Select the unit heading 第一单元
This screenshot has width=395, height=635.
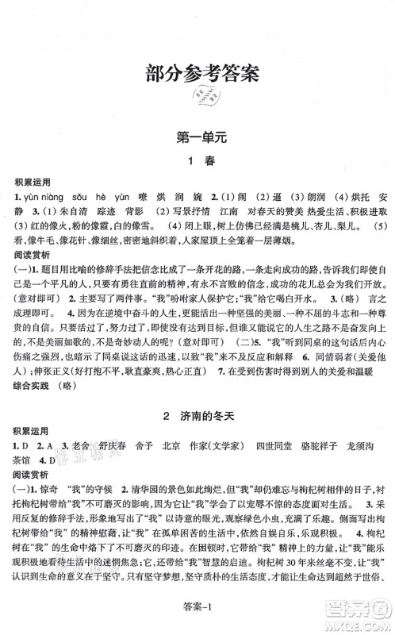point(197,139)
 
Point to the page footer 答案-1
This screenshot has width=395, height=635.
point(197,620)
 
